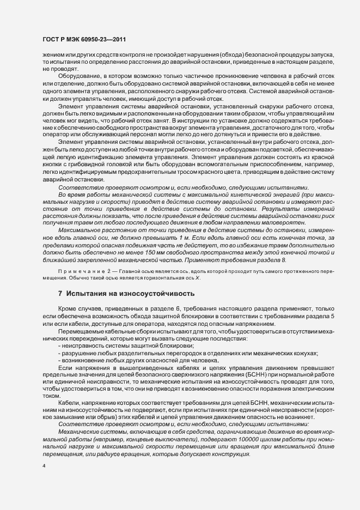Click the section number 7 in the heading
(x=60, y=294)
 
